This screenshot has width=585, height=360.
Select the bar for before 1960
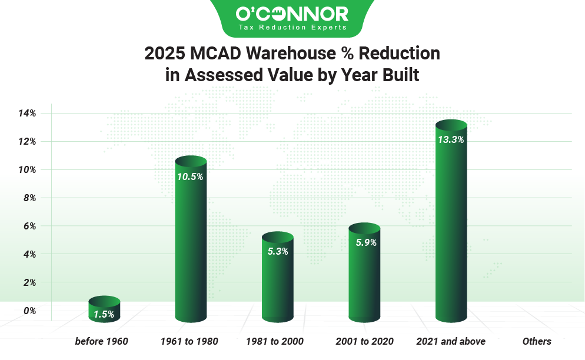pos(104,310)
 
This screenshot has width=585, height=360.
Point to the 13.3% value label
pos(451,140)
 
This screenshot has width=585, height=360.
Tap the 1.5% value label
pos(104,314)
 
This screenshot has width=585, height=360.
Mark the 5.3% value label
pos(278,251)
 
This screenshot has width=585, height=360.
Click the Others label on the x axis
pos(537,341)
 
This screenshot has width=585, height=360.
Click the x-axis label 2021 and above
pos(451,341)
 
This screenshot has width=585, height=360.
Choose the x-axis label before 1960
pos(101,341)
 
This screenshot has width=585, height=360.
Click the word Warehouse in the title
pos(296,54)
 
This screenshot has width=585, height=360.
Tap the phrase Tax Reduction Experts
pos(292,27)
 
